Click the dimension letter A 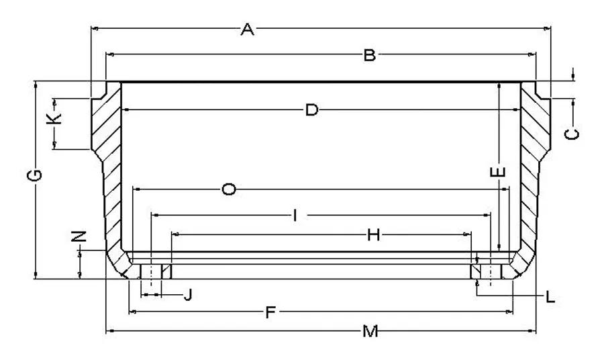247,30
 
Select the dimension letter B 369,56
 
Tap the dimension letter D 311,110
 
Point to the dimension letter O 229,189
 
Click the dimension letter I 295,216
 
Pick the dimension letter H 373,234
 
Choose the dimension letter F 270,312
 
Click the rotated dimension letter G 35,175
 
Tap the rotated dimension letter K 54,118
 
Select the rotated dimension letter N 79,236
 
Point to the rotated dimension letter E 498,172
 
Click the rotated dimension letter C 572,134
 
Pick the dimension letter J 188,296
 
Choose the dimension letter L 550,297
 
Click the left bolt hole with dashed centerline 151,271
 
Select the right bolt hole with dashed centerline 491,271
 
